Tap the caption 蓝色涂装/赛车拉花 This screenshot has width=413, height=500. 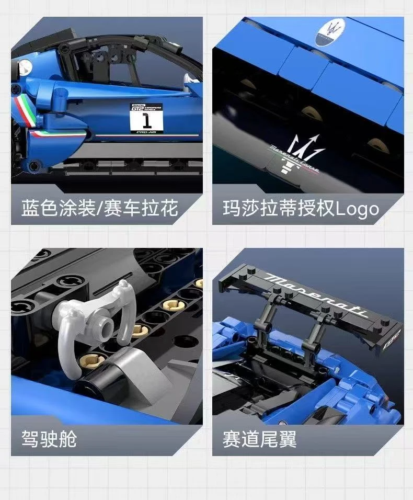100,209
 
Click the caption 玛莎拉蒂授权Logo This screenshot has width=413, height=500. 301,209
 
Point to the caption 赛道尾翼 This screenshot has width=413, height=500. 259,439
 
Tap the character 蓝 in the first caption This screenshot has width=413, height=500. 30,209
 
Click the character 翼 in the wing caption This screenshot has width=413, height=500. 288,439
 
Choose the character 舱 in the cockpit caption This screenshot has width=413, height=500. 67,439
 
